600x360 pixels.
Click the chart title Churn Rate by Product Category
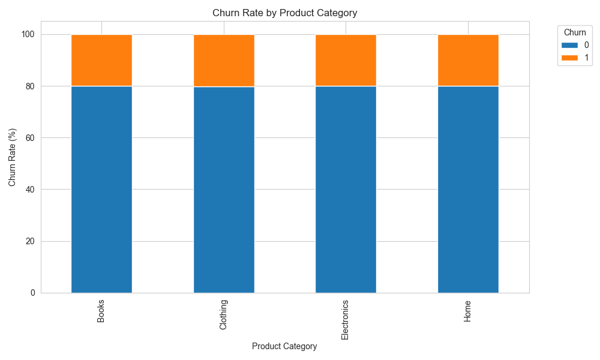[x=285, y=13]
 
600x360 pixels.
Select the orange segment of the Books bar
[x=101, y=60]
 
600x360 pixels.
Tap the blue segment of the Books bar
[x=101, y=189]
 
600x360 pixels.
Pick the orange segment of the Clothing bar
[x=224, y=60]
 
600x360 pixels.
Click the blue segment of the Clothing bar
[x=224, y=189]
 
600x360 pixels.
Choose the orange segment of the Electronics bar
[x=346, y=60]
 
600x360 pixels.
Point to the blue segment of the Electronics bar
[x=346, y=189]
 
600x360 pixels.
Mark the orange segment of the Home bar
[x=468, y=60]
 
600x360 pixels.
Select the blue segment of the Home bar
[x=468, y=189]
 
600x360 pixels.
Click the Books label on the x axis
[x=101, y=310]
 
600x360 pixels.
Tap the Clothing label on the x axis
[x=223, y=314]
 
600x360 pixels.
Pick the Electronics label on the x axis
[x=345, y=319]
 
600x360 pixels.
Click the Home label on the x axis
[x=467, y=310]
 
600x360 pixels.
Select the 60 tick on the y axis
[x=31, y=138]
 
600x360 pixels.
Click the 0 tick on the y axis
[x=33, y=293]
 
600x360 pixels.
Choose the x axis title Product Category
[x=284, y=346]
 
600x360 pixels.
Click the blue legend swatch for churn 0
[x=569, y=45]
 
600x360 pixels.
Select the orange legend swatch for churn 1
[x=569, y=57]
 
